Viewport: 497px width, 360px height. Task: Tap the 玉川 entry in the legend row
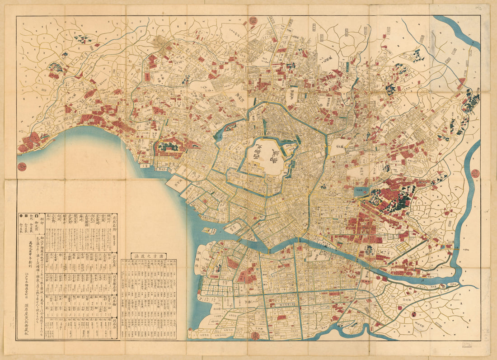(x=47, y=219)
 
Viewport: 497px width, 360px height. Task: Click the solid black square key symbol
(x=27, y=216)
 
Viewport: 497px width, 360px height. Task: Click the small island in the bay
(x=209, y=230)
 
